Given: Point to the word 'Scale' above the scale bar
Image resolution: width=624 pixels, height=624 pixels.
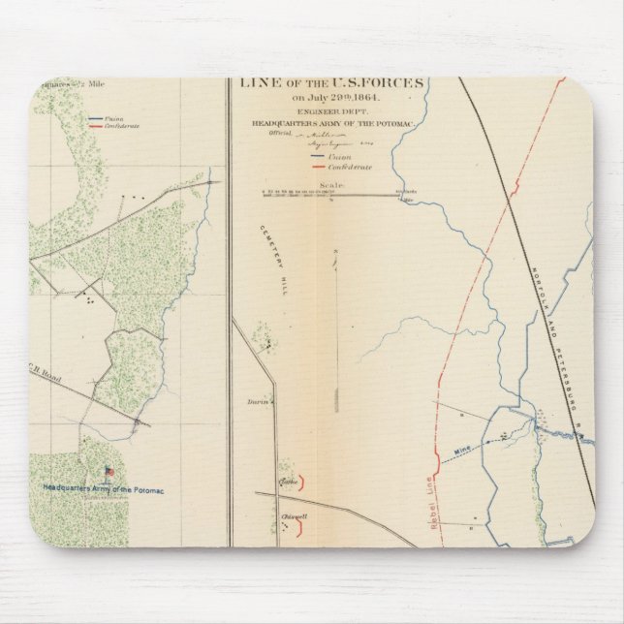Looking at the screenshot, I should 332,185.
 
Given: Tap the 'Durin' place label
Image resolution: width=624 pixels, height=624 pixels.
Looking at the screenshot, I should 257,400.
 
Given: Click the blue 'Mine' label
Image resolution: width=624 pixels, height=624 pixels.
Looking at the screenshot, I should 464,452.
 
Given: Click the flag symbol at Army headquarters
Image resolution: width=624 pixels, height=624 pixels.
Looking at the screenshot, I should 109,472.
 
